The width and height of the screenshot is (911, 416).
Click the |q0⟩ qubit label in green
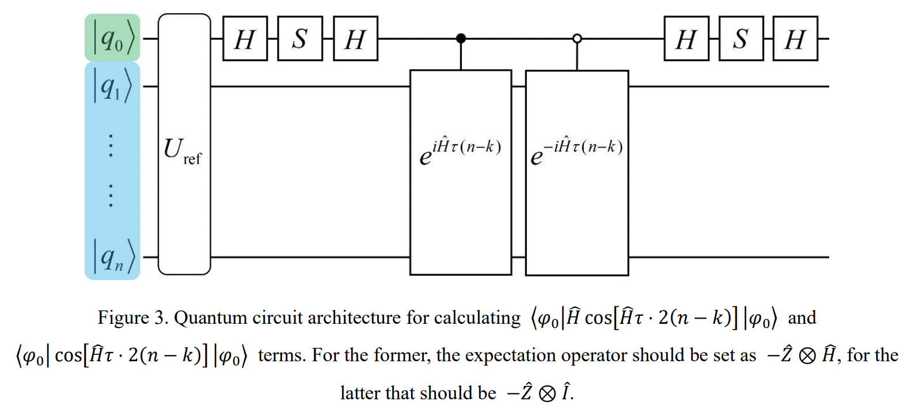pyautogui.click(x=112, y=39)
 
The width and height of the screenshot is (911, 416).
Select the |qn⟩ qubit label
pyautogui.click(x=112, y=257)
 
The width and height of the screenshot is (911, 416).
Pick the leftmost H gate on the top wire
pyautogui.click(x=245, y=39)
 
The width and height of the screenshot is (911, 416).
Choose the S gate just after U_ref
pyautogui.click(x=300, y=39)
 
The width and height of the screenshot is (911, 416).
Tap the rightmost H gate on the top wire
pyautogui.click(x=795, y=39)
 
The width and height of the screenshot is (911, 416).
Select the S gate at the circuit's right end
pyautogui.click(x=741, y=39)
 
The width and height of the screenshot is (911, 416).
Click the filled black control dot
pyautogui.click(x=461, y=39)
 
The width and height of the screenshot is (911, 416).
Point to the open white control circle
pyautogui.click(x=577, y=39)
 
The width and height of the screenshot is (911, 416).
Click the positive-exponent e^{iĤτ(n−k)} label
pyautogui.click(x=460, y=151)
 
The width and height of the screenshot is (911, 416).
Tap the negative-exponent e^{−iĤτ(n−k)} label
pyautogui.click(x=576, y=151)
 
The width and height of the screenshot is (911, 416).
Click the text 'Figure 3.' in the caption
pyautogui.click(x=133, y=317)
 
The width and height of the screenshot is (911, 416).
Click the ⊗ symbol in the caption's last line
pyautogui.click(x=548, y=394)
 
